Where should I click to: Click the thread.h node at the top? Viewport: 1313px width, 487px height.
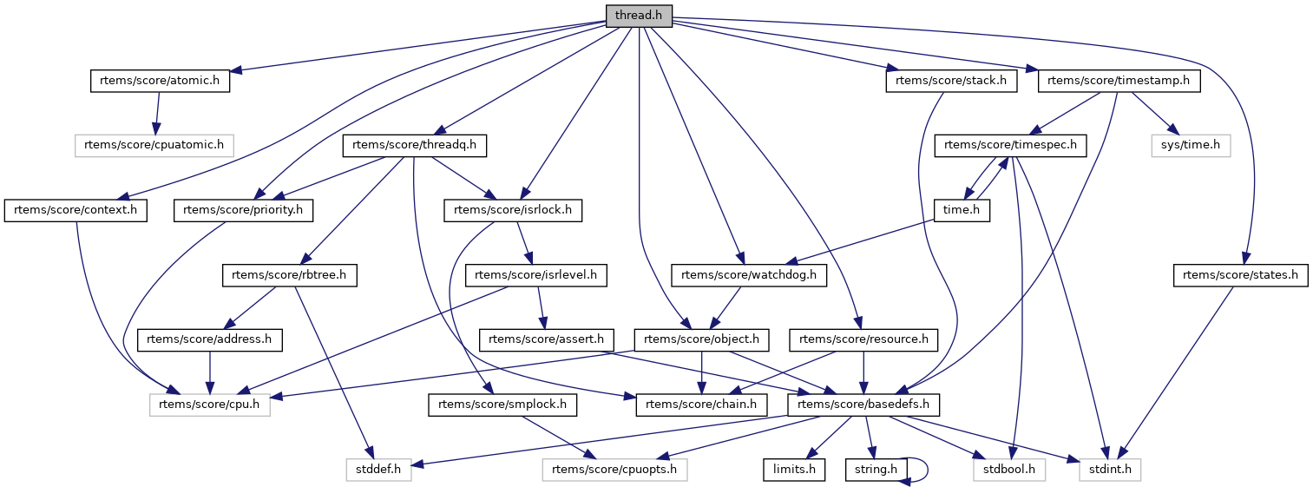pos(638,16)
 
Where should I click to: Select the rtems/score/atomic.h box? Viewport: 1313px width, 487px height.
pos(160,81)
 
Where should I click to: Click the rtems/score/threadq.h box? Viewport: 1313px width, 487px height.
pos(415,146)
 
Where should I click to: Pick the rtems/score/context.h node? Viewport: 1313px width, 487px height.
pos(76,210)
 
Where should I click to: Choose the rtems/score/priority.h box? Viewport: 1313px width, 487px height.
pos(244,210)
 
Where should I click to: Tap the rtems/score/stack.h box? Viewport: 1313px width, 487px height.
pos(950,81)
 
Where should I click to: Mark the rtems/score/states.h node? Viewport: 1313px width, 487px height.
pos(1240,275)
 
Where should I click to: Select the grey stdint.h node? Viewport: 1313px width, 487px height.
pos(1110,470)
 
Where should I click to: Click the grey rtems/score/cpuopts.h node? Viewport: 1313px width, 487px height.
pos(615,470)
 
